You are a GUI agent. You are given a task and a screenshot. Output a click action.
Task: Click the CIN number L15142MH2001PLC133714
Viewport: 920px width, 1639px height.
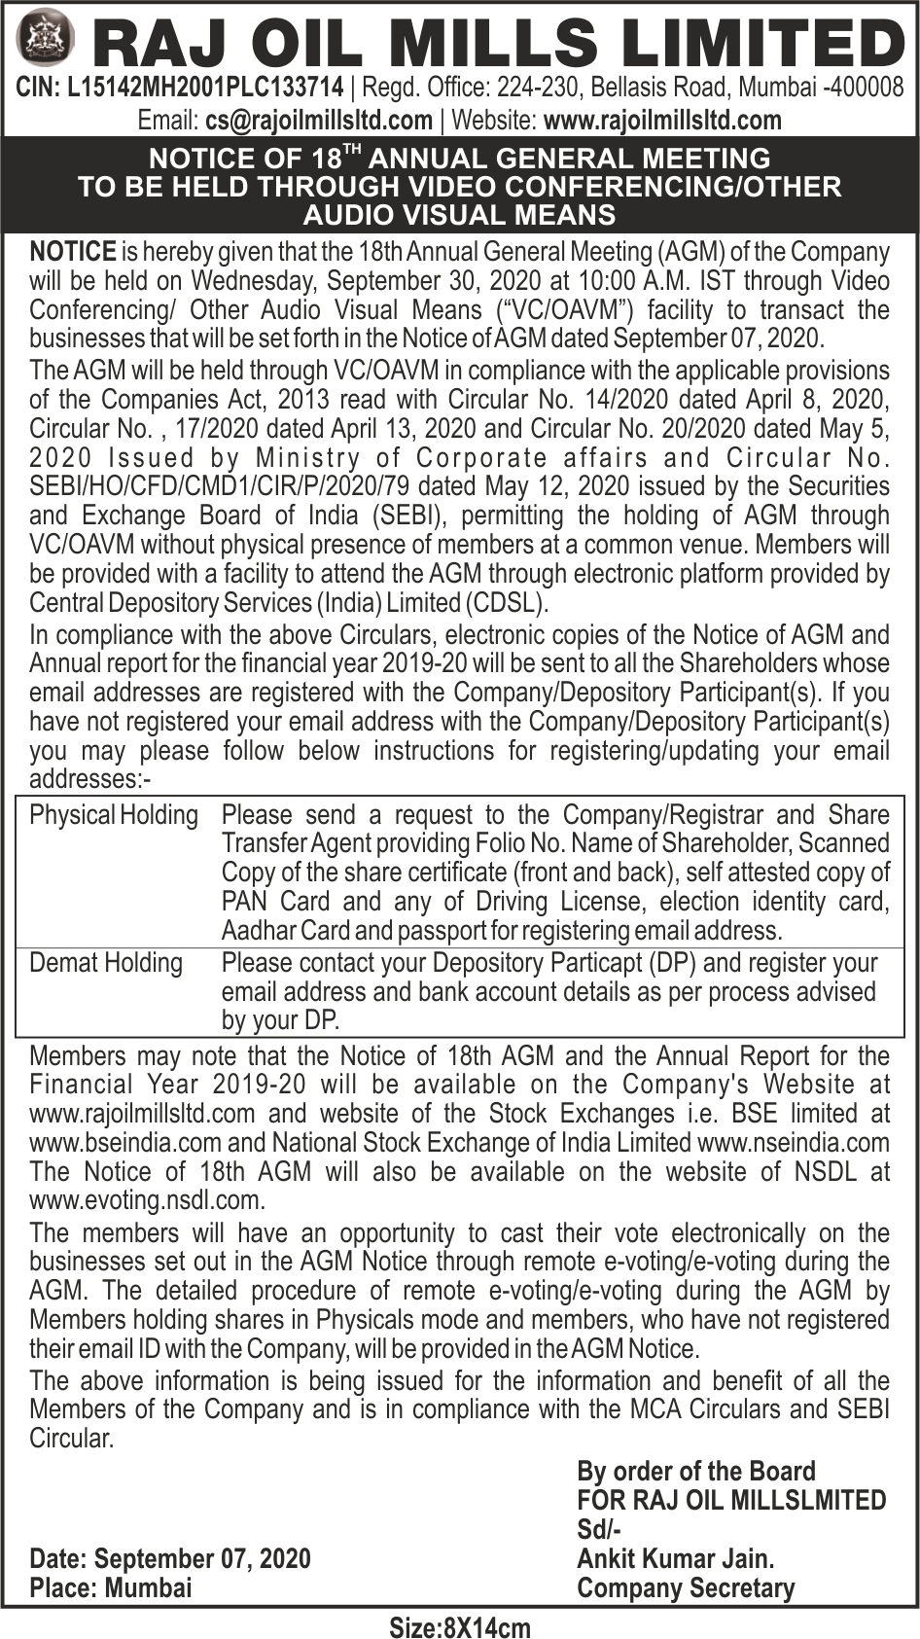tap(205, 89)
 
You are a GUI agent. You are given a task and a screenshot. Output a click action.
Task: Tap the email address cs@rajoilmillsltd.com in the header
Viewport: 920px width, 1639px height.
tap(319, 120)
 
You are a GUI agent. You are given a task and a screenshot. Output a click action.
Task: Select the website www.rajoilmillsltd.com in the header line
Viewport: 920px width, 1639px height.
tap(662, 120)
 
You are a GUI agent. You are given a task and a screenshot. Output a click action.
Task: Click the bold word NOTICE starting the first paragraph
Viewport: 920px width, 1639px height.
tap(73, 252)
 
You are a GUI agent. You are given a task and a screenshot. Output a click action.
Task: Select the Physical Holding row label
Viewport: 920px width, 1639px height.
tap(114, 815)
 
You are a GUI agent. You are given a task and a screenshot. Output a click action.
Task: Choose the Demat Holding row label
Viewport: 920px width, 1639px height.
tap(106, 963)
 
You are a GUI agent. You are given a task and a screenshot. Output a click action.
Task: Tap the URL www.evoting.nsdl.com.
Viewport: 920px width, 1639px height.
tap(146, 1201)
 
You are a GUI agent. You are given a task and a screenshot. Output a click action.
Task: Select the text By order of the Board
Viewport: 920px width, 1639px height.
tap(696, 1472)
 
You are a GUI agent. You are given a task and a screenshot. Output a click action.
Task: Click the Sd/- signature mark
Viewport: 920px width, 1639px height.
tap(600, 1530)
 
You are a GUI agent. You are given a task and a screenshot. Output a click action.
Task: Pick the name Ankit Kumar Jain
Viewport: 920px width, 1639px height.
tap(676, 1559)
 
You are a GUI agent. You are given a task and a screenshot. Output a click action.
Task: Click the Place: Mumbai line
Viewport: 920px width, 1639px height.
tap(111, 1588)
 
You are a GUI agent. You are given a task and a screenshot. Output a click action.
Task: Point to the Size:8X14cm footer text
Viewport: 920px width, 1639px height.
tap(460, 1626)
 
